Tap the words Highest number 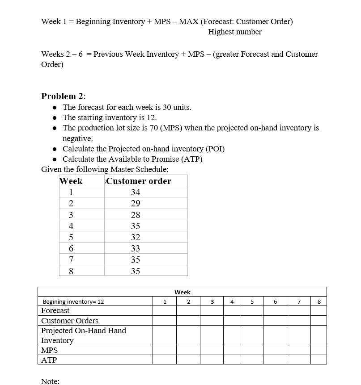(235, 32)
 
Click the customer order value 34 (136, 192)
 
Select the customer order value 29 (136, 203)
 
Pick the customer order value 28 (136, 215)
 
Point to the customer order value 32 (136, 237)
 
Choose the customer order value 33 (136, 248)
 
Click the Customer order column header (139, 181)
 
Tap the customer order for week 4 (136, 226)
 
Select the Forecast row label (55, 310)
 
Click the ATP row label (49, 360)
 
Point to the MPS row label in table (49, 350)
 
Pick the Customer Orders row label (70, 321)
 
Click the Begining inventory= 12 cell (73, 301)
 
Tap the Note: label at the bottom (50, 381)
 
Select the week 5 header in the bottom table (252, 301)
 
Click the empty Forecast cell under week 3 (212, 310)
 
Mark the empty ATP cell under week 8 (319, 360)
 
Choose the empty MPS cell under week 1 (164, 350)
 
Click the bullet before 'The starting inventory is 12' (54, 118)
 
